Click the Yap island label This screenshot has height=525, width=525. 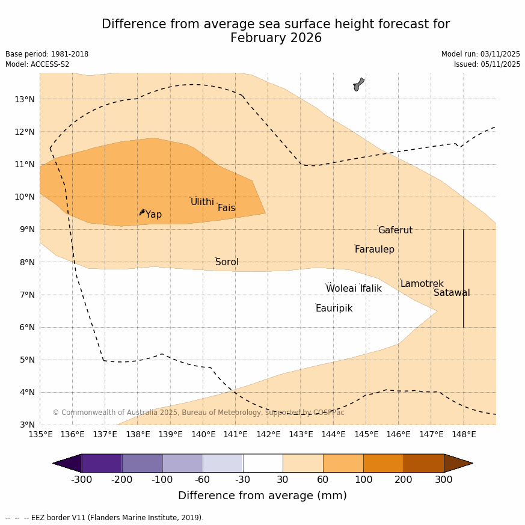pos(153,215)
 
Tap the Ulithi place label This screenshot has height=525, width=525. pos(202,202)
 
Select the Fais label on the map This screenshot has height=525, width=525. pos(226,208)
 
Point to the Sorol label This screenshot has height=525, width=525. pos(227,262)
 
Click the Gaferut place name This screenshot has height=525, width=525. pos(395,230)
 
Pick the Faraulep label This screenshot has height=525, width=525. pos(374,250)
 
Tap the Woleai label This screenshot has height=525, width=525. pos(341,289)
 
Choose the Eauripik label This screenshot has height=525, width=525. pos(334,309)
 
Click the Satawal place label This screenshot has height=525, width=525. pos(452,293)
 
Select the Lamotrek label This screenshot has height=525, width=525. pos(422,284)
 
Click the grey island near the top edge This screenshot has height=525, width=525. pos(358,84)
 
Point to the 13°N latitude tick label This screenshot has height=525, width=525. pos(24,99)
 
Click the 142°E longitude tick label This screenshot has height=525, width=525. pos(268,434)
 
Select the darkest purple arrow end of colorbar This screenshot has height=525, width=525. pos(67,463)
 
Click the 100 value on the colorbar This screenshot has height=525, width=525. pos(363,479)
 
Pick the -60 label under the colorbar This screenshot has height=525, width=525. pos(203,479)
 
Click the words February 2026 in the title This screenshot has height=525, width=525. pos(276,38)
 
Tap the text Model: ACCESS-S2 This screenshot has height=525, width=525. pos(37,64)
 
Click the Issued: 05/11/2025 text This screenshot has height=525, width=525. pos(487,64)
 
